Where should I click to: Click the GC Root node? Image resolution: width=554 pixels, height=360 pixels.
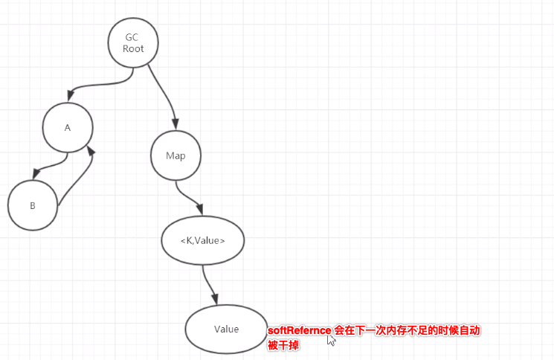[133, 42]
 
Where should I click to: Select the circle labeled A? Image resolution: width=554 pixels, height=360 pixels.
[68, 127]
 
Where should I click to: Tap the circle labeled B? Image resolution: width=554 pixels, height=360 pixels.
[33, 205]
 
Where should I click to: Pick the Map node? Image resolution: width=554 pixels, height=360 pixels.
[176, 155]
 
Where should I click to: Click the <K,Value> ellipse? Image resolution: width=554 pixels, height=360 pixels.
[202, 240]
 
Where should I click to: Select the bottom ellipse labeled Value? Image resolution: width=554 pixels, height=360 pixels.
[226, 328]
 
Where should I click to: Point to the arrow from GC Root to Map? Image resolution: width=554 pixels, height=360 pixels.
[164, 93]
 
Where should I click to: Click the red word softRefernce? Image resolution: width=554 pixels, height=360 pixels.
[299, 330]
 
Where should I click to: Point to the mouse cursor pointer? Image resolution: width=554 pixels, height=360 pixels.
[331, 340]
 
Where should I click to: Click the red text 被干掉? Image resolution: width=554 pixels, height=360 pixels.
[283, 345]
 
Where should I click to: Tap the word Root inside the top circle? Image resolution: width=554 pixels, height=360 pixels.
[133, 49]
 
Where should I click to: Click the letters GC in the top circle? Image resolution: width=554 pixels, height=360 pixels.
[132, 37]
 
